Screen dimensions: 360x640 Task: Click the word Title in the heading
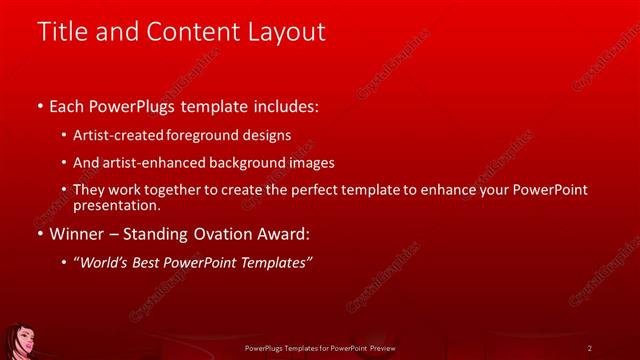point(62,32)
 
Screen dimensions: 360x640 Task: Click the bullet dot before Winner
point(39,235)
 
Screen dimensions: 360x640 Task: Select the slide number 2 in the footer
point(590,347)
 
